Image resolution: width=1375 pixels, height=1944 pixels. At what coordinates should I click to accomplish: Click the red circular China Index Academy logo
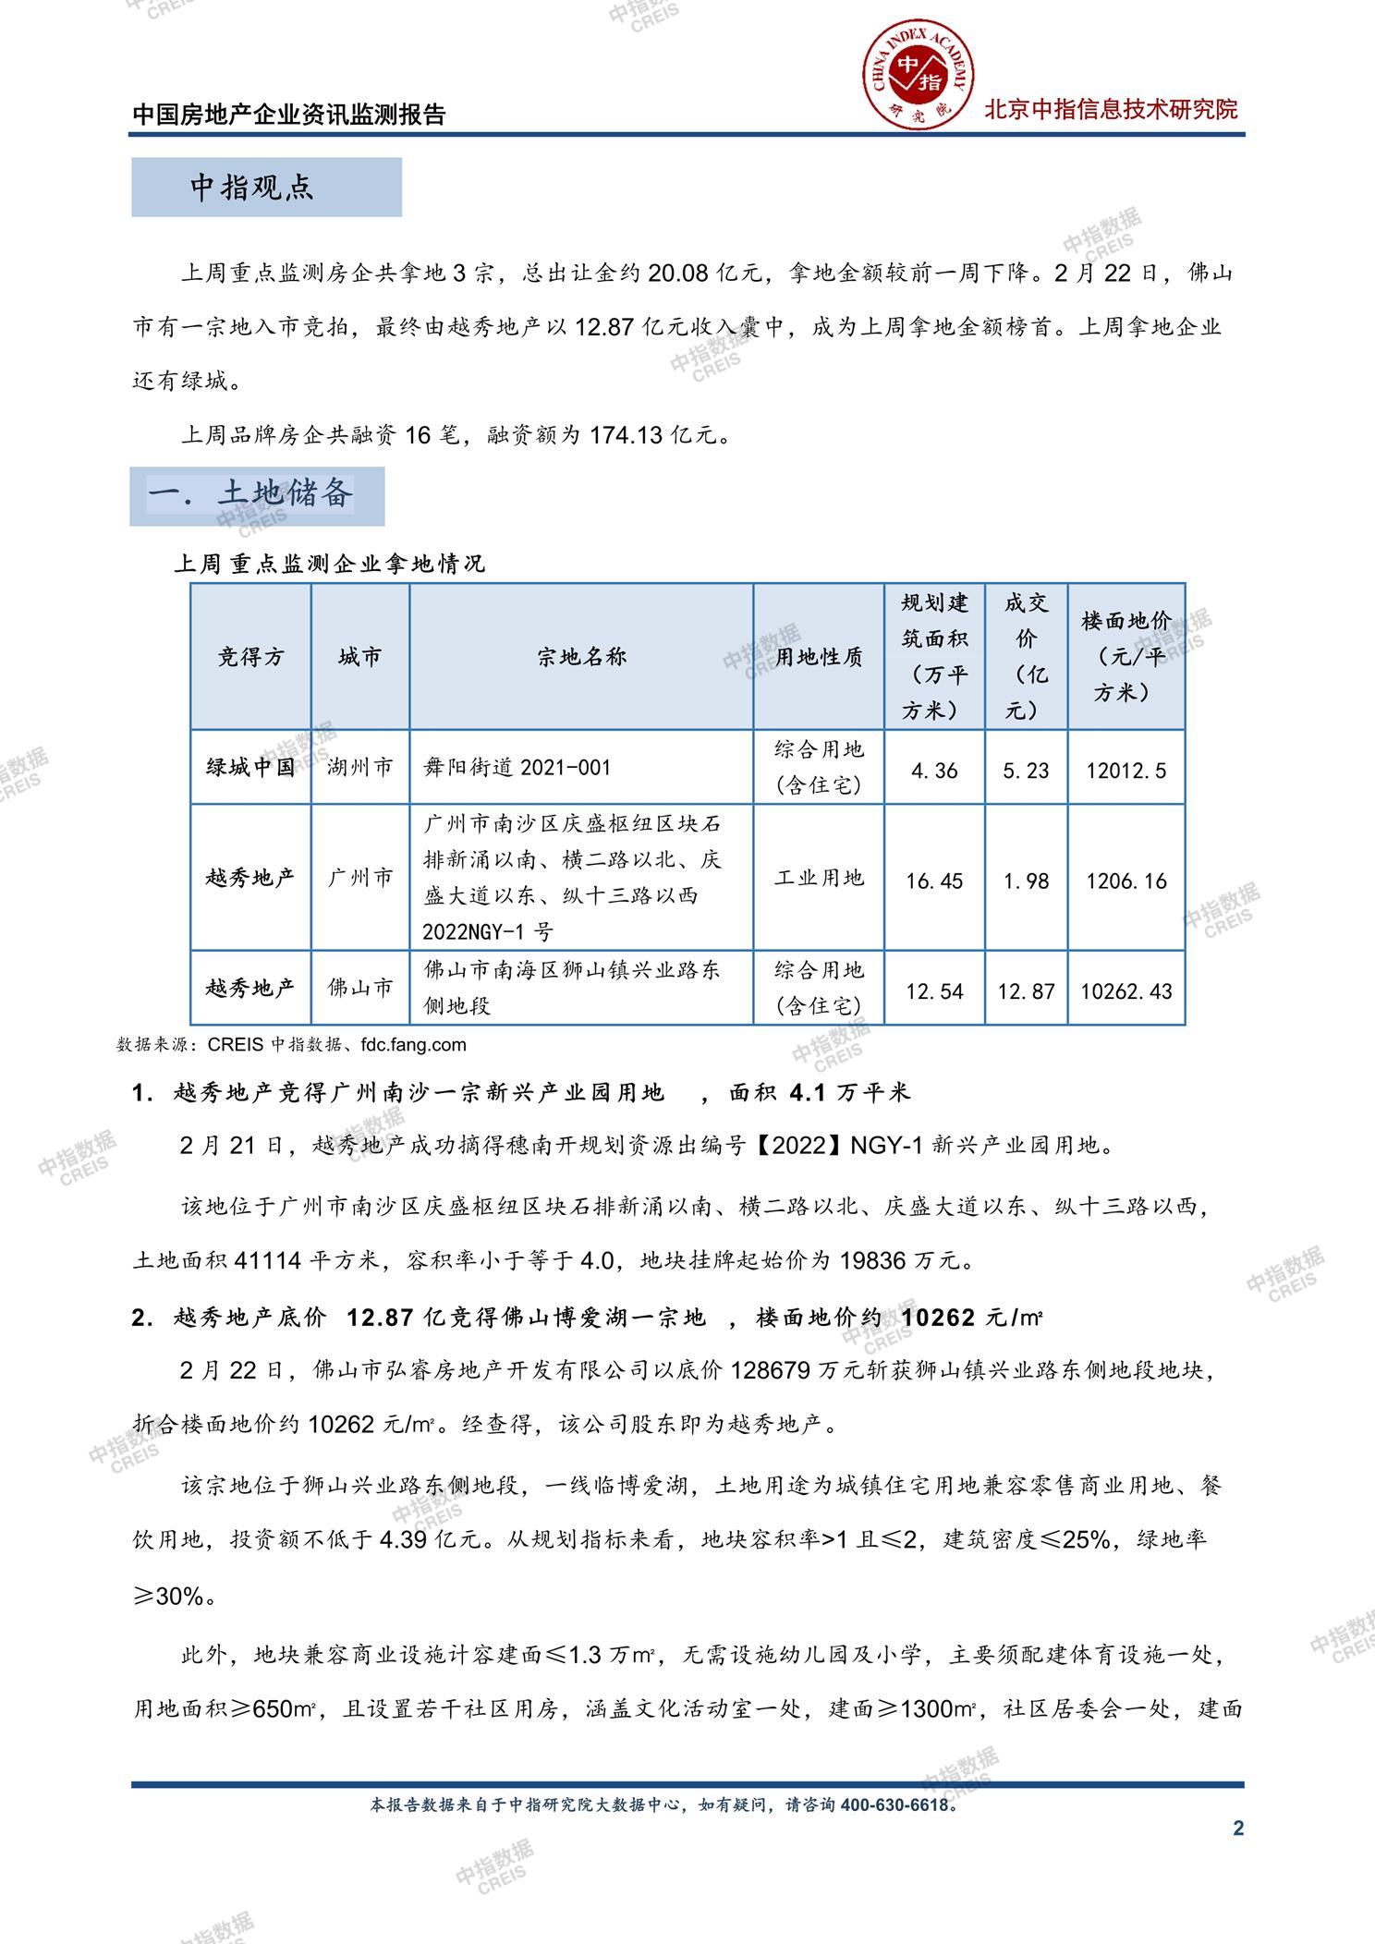918,76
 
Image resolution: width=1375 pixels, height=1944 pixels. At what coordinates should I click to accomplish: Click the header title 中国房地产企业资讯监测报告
289,115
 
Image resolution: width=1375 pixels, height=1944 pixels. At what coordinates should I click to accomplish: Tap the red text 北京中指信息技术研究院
1110,110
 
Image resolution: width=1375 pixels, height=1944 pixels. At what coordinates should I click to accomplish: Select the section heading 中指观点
252,188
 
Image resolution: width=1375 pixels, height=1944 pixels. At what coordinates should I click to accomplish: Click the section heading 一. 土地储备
251,494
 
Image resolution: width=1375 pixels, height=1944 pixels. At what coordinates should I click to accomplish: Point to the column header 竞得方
250,657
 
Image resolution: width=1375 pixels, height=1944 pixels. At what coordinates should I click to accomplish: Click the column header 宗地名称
581,657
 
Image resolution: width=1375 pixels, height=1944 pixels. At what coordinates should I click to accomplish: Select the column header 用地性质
819,657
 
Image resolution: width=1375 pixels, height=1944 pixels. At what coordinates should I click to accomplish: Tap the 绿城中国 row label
250,767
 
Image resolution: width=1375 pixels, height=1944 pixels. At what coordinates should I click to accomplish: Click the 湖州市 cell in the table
360,767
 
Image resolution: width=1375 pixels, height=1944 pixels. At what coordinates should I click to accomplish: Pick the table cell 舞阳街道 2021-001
517,767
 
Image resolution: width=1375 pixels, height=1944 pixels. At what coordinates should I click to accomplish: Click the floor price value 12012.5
1126,771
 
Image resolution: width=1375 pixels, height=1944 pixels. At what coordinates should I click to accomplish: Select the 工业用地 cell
819,878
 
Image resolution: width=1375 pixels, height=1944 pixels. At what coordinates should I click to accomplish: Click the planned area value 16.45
934,881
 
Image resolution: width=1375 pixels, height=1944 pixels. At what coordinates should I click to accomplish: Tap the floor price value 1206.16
1126,881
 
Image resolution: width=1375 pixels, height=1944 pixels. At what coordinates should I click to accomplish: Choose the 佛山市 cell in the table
360,988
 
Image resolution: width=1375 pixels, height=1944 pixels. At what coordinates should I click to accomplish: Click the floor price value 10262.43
1126,991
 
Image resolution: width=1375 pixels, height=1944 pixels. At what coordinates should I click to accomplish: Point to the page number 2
1238,1828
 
